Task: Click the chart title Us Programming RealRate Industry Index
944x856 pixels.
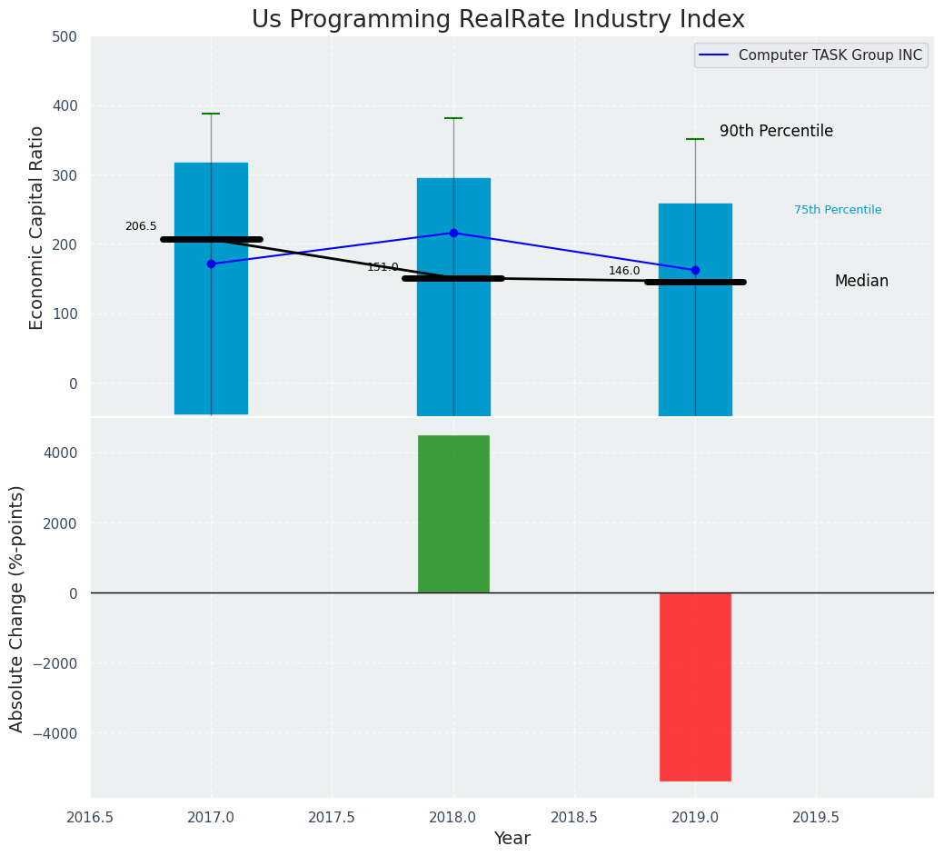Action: point(498,20)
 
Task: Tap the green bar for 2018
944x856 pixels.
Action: point(453,514)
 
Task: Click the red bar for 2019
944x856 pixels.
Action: point(695,687)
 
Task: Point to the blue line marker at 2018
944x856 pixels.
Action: point(453,233)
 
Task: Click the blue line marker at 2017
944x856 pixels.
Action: point(211,264)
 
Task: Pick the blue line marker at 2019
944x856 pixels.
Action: point(695,270)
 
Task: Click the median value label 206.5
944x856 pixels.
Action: point(141,226)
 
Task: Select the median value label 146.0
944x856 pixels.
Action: point(624,271)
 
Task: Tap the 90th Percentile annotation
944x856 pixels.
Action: point(776,132)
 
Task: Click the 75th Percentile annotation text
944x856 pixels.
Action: point(838,210)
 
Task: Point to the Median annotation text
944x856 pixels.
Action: point(861,282)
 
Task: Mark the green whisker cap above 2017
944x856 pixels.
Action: point(211,114)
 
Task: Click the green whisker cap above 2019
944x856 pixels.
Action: point(695,139)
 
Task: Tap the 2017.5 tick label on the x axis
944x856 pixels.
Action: point(332,817)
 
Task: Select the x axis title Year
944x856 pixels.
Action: point(512,839)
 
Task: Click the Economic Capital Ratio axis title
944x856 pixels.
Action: point(37,227)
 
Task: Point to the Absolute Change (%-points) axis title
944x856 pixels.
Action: point(17,608)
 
